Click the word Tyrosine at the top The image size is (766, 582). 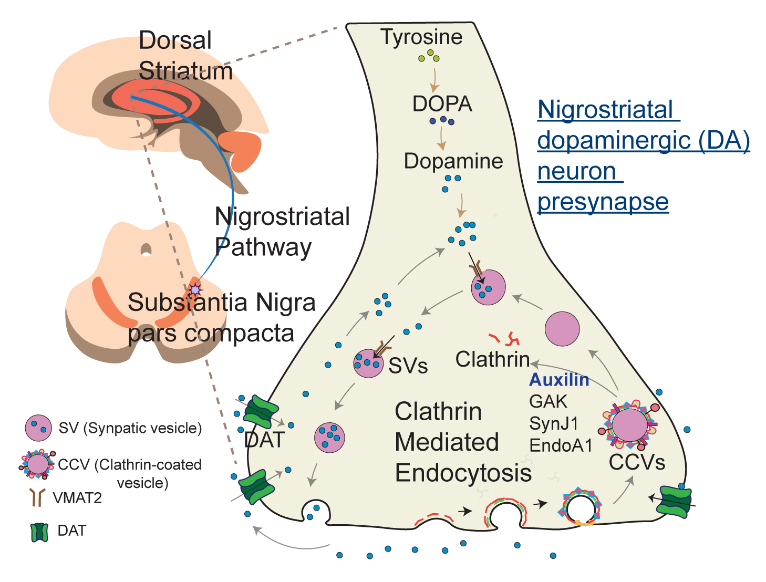(421, 37)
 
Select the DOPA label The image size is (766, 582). (442, 104)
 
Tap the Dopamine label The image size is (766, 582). (453, 161)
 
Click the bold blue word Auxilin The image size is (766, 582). (558, 379)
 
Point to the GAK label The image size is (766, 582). (548, 401)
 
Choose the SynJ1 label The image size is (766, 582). (553, 423)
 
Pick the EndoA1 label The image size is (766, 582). (561, 445)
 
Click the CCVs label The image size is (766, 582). (637, 462)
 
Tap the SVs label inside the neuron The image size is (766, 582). (408, 366)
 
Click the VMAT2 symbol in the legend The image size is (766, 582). (37, 497)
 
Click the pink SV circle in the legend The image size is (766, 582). (38, 428)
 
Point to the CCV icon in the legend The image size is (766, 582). (37, 464)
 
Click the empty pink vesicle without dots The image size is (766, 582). (562, 329)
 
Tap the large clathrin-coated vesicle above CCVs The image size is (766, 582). (630, 425)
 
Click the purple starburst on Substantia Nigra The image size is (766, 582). (195, 289)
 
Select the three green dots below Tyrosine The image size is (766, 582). (429, 56)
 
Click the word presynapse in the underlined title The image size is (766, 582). (603, 202)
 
